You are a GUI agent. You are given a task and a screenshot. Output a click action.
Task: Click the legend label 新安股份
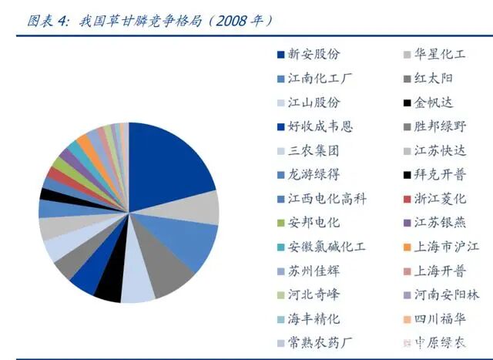(x=314, y=55)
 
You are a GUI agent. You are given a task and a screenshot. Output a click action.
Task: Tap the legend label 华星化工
(x=440, y=55)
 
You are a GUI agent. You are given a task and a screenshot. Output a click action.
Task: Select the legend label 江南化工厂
(x=320, y=79)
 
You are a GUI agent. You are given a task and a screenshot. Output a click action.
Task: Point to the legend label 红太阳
(x=434, y=79)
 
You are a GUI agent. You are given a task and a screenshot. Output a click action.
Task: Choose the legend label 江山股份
(x=314, y=103)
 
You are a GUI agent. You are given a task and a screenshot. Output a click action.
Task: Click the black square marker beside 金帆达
(x=406, y=103)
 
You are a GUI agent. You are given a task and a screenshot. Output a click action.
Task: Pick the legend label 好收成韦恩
(x=320, y=126)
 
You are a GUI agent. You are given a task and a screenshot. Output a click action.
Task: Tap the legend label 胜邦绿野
(x=440, y=126)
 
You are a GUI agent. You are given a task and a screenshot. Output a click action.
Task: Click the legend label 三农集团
(x=314, y=150)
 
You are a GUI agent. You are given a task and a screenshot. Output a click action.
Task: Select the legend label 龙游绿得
(x=314, y=174)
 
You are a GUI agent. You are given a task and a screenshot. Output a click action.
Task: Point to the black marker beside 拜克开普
(x=406, y=175)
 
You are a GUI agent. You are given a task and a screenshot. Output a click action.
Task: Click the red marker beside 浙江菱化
(x=406, y=199)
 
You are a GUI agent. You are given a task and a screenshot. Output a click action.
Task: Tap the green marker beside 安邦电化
(x=281, y=223)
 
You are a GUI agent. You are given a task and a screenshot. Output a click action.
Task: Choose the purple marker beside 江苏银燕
(x=406, y=223)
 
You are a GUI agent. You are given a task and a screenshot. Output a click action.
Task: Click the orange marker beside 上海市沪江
(x=406, y=247)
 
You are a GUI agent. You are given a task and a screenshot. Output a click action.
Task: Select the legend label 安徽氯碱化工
(x=326, y=247)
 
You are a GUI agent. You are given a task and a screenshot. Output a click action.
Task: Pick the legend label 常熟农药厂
(x=320, y=342)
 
